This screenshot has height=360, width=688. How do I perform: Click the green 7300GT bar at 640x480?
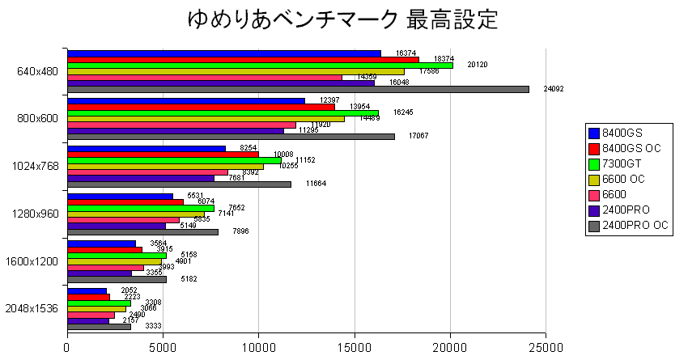pos(260,66)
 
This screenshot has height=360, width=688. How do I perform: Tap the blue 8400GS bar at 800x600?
pos(186,101)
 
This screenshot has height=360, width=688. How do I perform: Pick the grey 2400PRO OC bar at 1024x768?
pos(179,184)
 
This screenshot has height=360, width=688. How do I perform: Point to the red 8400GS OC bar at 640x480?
pos(243,59)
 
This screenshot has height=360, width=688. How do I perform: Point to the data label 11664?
pos(317,184)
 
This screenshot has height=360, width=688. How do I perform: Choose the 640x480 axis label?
pos(36,71)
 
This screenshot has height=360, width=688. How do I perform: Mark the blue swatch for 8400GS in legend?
pos(595,133)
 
